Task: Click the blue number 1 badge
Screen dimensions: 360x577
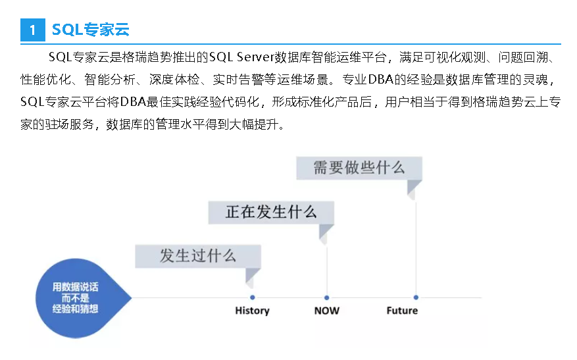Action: coord(32,30)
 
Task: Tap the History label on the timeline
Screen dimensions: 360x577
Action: coord(252,310)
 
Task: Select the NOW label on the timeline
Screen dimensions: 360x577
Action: coord(327,310)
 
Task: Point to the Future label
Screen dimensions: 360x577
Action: coord(401,310)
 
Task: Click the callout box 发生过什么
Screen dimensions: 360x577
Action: coord(197,256)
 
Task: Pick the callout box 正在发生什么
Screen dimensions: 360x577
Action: coord(271,212)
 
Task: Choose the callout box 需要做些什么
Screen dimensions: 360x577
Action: coord(359,167)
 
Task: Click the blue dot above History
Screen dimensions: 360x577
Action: coord(253,297)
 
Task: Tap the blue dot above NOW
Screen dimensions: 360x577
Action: coord(327,297)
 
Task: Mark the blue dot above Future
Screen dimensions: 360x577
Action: coord(415,297)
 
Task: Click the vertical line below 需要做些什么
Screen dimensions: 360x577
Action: coord(415,244)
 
